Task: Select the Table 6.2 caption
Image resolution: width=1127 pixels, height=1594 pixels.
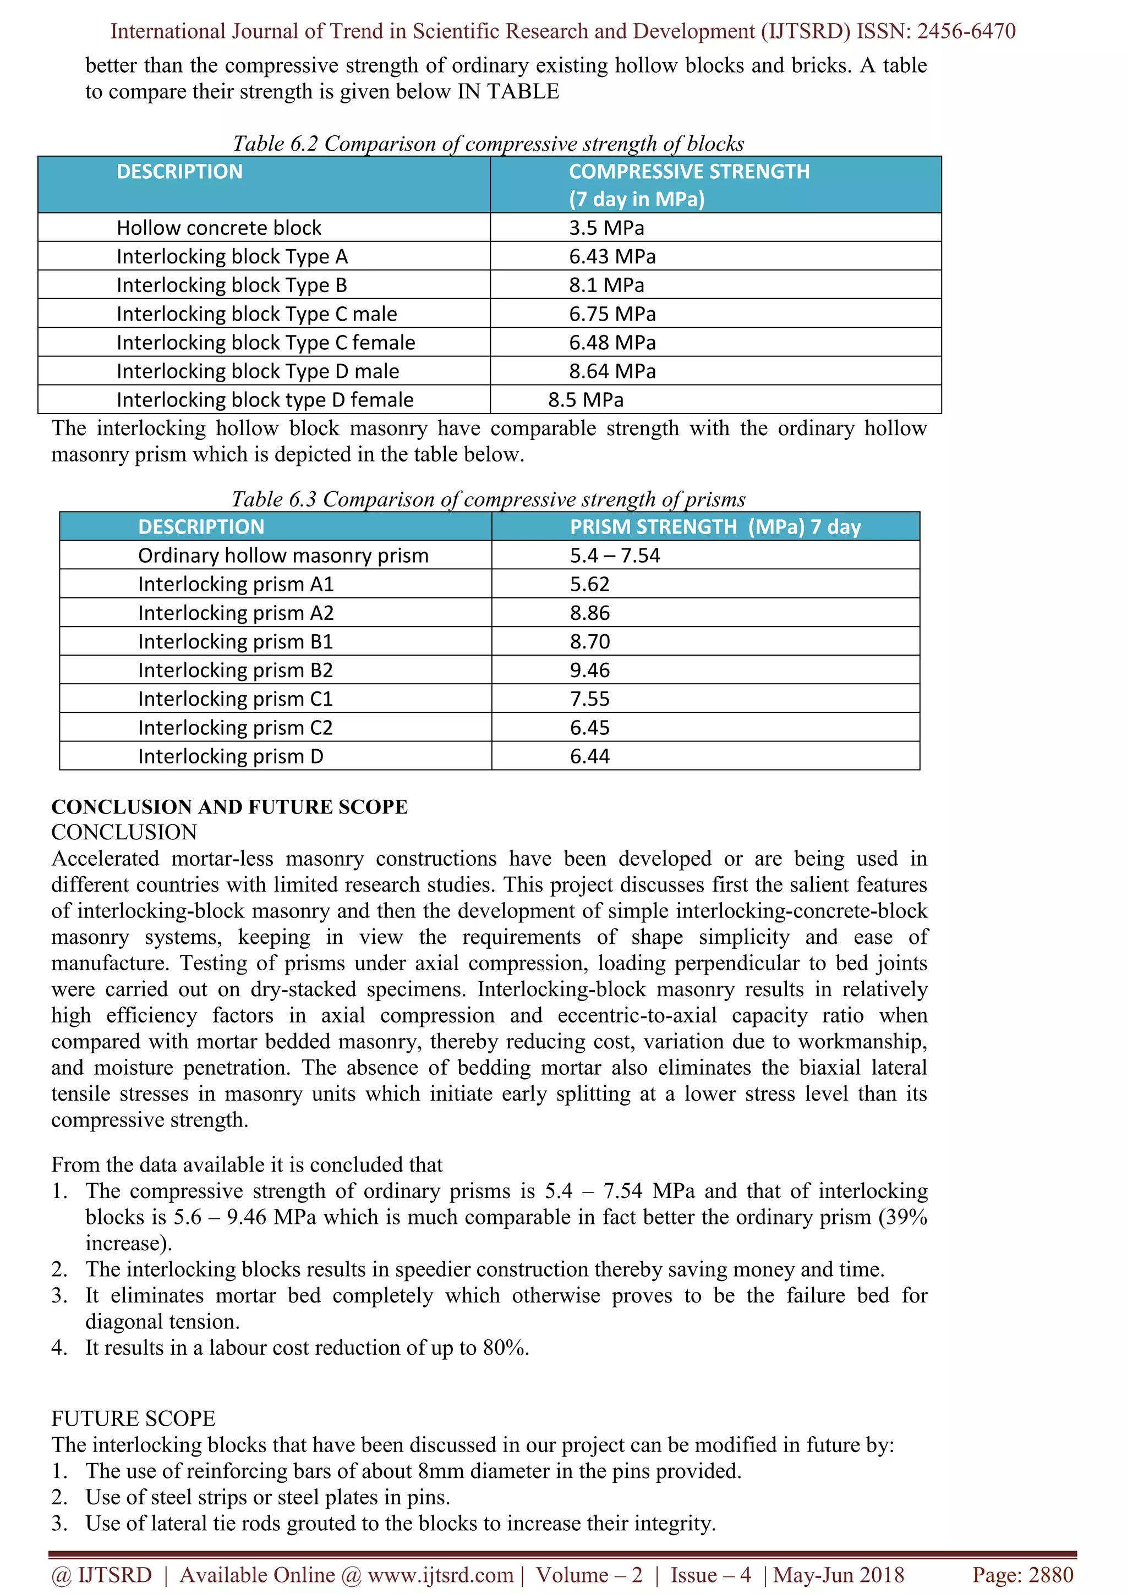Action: coord(488,144)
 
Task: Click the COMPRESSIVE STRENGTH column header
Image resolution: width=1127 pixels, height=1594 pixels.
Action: coord(689,172)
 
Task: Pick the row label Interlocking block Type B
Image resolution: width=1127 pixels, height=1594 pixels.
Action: coord(231,285)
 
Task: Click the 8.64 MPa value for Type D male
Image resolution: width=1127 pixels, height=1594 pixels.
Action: coord(612,371)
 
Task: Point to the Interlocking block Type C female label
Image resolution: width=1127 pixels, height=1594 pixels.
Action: coord(265,343)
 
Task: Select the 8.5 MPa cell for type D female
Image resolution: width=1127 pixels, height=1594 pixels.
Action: coord(586,400)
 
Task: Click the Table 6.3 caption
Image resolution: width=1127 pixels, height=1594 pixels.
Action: coord(488,499)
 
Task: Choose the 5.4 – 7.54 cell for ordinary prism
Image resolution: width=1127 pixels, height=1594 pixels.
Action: coord(615,556)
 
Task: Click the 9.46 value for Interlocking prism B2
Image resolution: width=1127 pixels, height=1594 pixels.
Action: coord(589,670)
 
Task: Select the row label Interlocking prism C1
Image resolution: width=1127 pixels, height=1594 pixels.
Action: coord(236,699)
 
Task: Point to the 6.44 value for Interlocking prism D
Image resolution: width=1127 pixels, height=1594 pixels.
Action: coord(589,756)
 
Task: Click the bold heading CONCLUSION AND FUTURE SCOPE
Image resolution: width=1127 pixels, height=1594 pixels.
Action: coord(229,807)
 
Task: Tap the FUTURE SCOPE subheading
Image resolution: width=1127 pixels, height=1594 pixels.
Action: coord(133,1419)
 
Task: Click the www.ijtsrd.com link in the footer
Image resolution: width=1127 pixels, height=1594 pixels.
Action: coord(440,1575)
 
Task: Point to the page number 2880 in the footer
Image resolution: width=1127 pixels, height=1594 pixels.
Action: coord(1051,1575)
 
